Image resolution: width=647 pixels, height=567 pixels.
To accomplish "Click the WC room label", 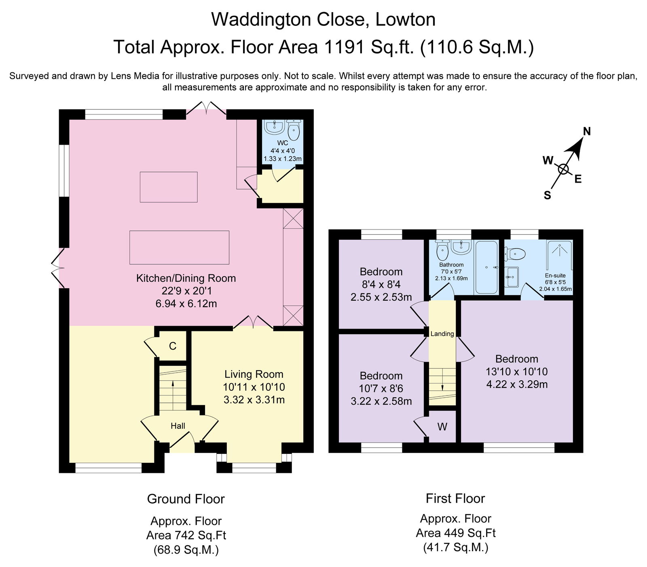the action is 282,143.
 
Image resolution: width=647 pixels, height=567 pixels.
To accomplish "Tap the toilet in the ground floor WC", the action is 294,129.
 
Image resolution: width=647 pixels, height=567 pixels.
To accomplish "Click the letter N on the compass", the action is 587,131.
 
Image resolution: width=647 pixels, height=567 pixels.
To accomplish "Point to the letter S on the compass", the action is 547,196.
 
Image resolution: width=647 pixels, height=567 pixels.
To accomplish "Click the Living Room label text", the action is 254,374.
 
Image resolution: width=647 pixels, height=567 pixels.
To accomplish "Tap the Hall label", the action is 178,426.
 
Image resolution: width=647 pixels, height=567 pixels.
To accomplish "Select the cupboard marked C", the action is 172,346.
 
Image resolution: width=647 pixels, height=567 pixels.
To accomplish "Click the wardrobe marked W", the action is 442,427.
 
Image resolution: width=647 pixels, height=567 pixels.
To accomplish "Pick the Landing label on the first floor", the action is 442,334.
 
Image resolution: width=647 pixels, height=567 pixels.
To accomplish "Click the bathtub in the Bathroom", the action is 486,267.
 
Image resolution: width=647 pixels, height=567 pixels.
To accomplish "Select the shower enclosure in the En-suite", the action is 560,255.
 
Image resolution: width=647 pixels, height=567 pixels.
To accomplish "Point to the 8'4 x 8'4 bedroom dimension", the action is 381,285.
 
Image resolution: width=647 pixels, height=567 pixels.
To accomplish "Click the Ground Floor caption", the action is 186,499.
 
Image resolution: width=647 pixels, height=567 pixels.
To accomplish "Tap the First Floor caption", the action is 455,498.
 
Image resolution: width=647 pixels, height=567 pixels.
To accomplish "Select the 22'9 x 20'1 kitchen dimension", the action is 186,291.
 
